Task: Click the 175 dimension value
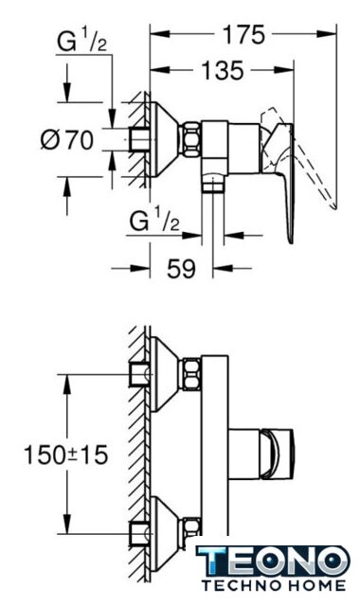tap(244, 34)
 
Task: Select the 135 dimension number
tap(224, 70)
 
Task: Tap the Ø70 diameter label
tap(67, 139)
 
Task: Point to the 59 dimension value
tap(181, 268)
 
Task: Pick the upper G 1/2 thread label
tap(81, 42)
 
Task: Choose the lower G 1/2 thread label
tap(154, 222)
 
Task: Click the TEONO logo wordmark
tap(273, 561)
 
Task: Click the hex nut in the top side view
tap(192, 139)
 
